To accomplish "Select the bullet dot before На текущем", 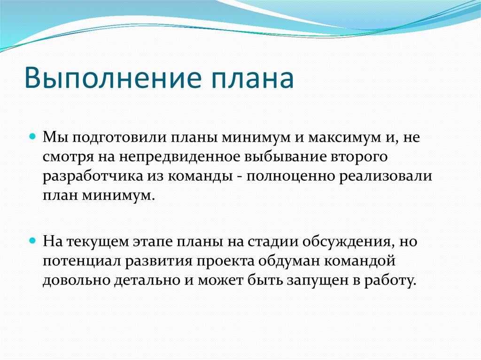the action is pyautogui.click(x=32, y=240).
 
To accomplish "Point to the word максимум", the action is pyautogui.click(x=344, y=138).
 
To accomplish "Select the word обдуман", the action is pyautogui.click(x=289, y=260).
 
